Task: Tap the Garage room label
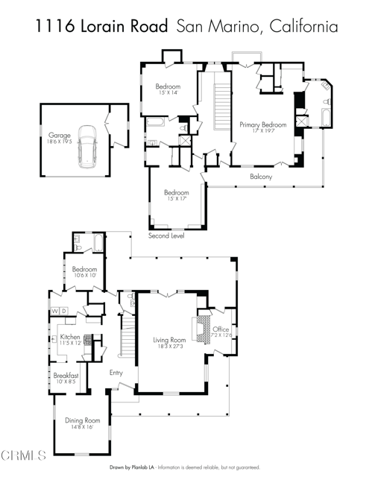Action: click(60, 138)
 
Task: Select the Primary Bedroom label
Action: click(262, 127)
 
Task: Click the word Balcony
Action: click(260, 177)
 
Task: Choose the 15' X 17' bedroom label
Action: click(176, 195)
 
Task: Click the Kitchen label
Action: click(70, 339)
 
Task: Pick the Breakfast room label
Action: click(66, 378)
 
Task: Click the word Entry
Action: click(116, 373)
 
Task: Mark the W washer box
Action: click(54, 310)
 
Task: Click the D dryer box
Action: click(65, 310)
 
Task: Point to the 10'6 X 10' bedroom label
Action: click(84, 272)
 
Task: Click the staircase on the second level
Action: click(221, 106)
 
